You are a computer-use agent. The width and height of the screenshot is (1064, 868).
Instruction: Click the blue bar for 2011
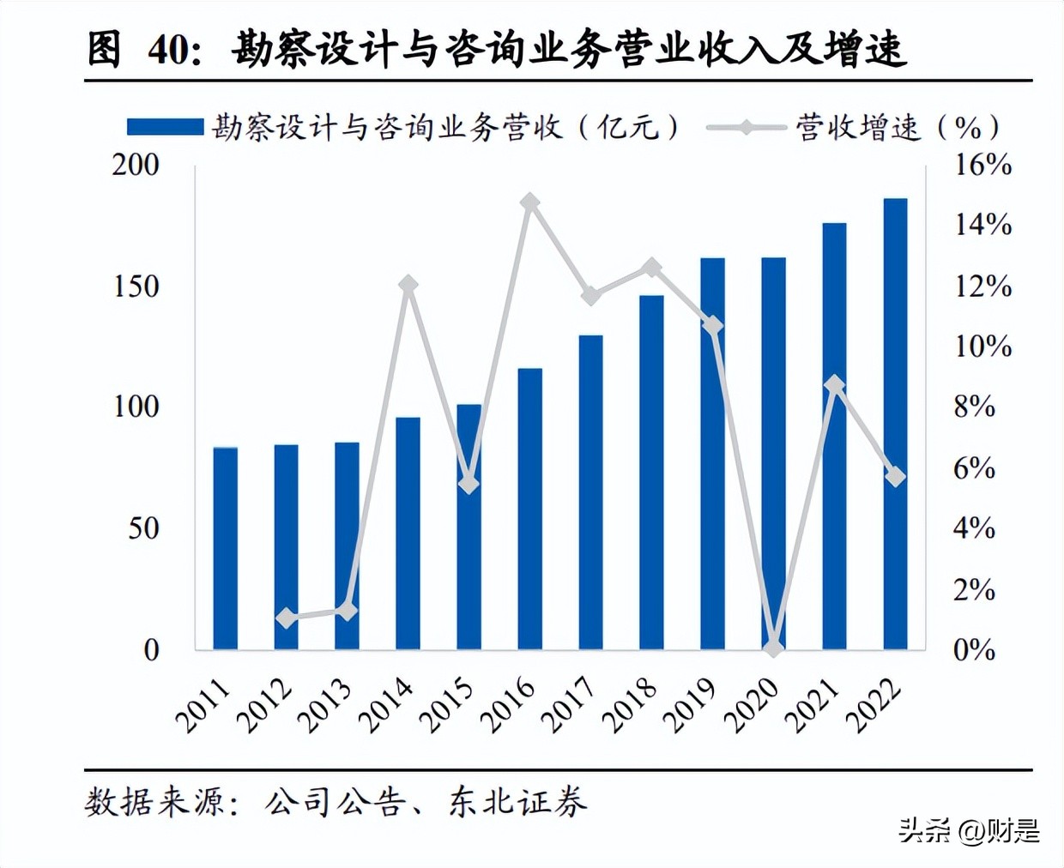pos(225,549)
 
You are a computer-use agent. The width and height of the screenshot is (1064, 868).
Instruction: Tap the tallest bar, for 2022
pos(895,424)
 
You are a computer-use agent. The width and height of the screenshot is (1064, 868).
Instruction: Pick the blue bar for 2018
pos(651,473)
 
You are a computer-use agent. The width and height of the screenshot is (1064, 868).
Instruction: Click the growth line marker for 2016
pos(530,203)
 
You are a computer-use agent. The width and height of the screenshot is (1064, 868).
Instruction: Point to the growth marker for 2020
pos(774,648)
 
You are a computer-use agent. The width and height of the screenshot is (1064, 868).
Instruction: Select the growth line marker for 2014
pos(408,285)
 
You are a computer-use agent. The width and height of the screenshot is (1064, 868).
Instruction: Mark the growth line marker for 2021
pos(835,385)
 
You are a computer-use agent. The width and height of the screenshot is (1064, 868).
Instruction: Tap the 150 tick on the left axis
pos(136,286)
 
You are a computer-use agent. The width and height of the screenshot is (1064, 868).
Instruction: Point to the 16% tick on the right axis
pos(983,165)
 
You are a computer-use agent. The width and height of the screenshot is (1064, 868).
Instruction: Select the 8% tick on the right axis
pos(975,407)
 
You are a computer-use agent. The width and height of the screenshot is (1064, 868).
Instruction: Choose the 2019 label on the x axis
pos(691,706)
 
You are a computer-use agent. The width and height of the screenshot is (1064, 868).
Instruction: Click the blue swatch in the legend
pos(165,128)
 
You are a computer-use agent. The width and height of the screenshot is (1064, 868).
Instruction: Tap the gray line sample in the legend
pos(746,128)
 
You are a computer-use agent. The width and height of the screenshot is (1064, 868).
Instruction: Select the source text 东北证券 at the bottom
pos(517,802)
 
